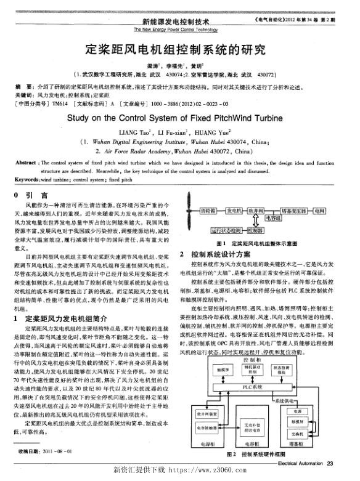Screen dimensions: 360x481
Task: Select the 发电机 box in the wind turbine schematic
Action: (x=234, y=211)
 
